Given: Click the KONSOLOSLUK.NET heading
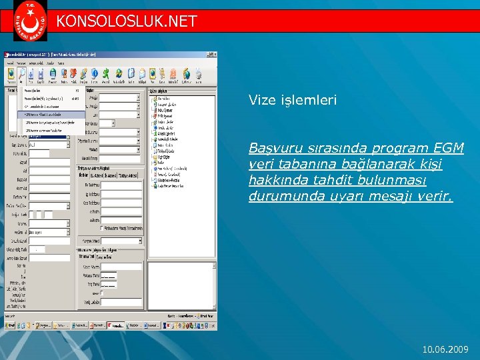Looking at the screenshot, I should pos(127,21).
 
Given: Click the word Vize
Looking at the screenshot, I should pos(261,100).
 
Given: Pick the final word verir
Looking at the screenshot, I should pos(434,196).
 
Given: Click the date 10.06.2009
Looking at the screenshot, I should pos(446,349).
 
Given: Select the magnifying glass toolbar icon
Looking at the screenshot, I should pos(21,73).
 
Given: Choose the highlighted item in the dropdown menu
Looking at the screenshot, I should pos(51,114).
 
